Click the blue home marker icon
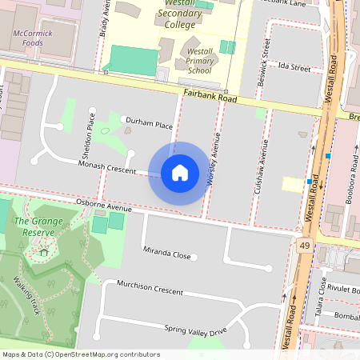click(180, 173)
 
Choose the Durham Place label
click(150, 126)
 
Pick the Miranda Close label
click(167, 254)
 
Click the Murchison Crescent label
click(150, 287)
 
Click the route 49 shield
click(305, 244)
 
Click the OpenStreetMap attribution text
click(81, 354)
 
